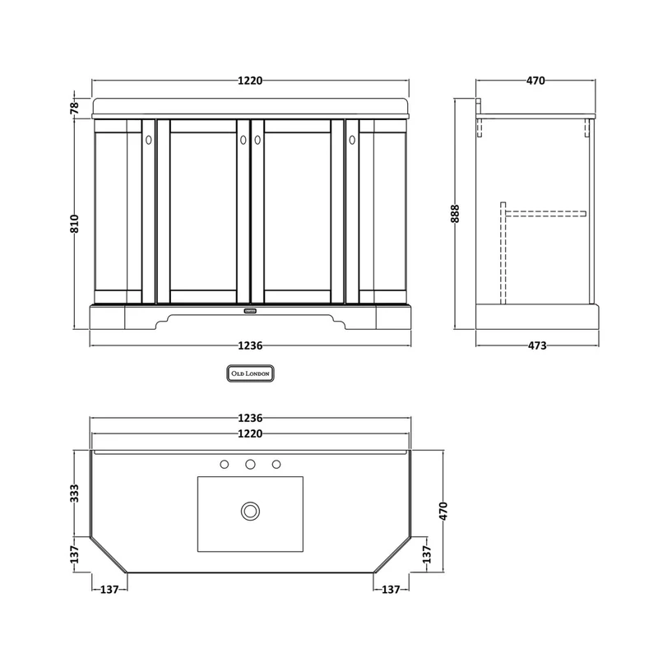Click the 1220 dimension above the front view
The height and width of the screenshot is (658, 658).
pos(250,81)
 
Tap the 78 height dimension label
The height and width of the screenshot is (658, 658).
pos(74,108)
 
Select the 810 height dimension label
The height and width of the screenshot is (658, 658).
pos(74,224)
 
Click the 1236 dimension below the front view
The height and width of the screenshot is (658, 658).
pos(250,345)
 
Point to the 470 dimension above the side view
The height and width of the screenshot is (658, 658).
pos(535,80)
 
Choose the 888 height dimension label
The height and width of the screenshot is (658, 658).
pos(455,214)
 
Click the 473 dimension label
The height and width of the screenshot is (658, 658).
pos(537,345)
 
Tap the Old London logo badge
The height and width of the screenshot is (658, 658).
pos(251,373)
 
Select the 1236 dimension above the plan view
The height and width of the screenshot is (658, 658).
pos(250,418)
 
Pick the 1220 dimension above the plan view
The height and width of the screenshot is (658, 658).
pos(250,433)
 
